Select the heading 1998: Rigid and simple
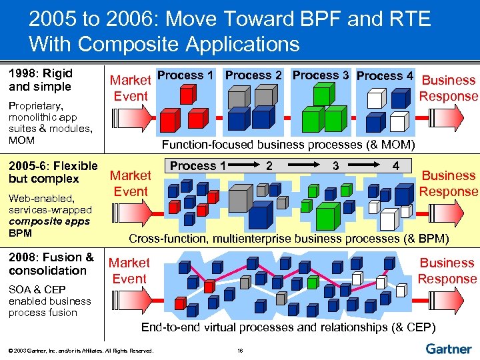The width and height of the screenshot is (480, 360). (x=40, y=80)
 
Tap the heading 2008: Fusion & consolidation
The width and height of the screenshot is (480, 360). (x=51, y=264)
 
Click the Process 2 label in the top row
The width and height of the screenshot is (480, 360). (x=253, y=75)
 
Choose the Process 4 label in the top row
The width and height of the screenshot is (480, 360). (x=385, y=75)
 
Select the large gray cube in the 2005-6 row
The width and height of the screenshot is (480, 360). (x=242, y=198)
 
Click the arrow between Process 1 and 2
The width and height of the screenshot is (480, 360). (x=245, y=164)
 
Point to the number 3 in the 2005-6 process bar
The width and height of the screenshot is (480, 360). (x=336, y=164)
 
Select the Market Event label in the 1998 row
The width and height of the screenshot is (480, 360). (x=131, y=88)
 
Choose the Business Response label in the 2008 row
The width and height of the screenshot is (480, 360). (x=447, y=271)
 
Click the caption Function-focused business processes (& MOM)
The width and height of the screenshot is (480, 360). (x=288, y=145)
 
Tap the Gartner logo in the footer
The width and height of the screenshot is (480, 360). (x=448, y=349)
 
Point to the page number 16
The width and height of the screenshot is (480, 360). (x=239, y=350)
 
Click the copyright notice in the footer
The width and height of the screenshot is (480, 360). (x=81, y=350)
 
